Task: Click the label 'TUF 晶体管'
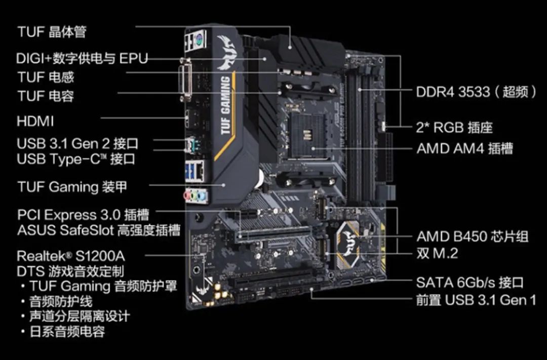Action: (52, 32)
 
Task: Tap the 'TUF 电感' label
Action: (46, 77)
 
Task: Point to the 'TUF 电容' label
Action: (46, 96)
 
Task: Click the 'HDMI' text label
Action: (35, 122)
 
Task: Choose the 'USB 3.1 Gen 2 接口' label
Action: (77, 143)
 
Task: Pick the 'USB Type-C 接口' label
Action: (76, 159)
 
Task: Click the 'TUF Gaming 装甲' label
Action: (72, 187)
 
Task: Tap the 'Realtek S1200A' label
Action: (71, 255)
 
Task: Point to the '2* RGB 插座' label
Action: (454, 127)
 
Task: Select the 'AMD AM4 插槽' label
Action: (464, 148)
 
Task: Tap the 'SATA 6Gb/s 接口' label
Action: (470, 283)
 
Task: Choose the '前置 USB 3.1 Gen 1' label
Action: (476, 300)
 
